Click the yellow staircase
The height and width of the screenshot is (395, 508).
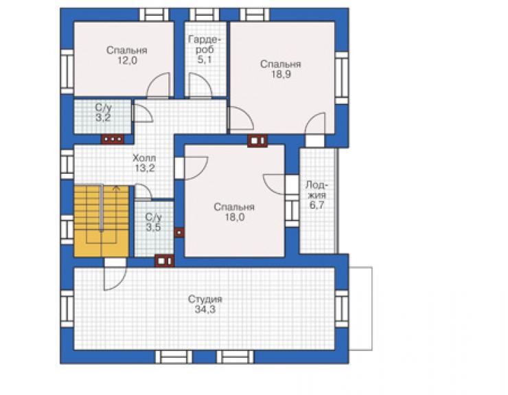click(102, 221)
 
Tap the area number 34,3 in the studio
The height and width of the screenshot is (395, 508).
click(205, 310)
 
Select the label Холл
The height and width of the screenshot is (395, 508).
click(144, 158)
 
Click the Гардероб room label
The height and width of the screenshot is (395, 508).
click(205, 45)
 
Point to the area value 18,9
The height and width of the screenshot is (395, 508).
click(281, 74)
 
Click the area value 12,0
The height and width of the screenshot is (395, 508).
click(127, 60)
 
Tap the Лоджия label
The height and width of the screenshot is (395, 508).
click(316, 190)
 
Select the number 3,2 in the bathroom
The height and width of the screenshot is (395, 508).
click(103, 117)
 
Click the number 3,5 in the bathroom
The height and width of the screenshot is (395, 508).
click(153, 227)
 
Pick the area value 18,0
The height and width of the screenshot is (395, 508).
click(235, 217)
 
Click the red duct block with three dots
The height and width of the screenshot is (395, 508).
click(113, 139)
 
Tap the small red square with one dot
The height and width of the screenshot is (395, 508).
click(179, 232)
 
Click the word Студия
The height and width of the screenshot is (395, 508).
click(205, 299)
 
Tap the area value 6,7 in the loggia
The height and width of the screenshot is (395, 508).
click(316, 205)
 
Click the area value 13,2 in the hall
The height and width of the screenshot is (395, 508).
click(145, 168)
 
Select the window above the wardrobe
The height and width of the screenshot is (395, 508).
click(204, 15)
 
